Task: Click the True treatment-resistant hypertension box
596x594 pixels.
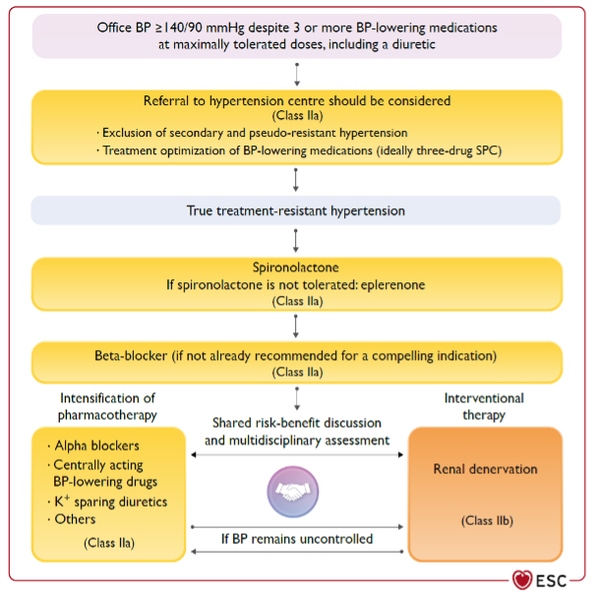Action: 296,210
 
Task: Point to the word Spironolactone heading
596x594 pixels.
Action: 296,267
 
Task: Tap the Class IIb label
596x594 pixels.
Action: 485,519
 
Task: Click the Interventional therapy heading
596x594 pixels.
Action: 484,405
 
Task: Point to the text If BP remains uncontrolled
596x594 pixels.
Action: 296,540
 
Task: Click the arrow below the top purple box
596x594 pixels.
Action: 296,74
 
